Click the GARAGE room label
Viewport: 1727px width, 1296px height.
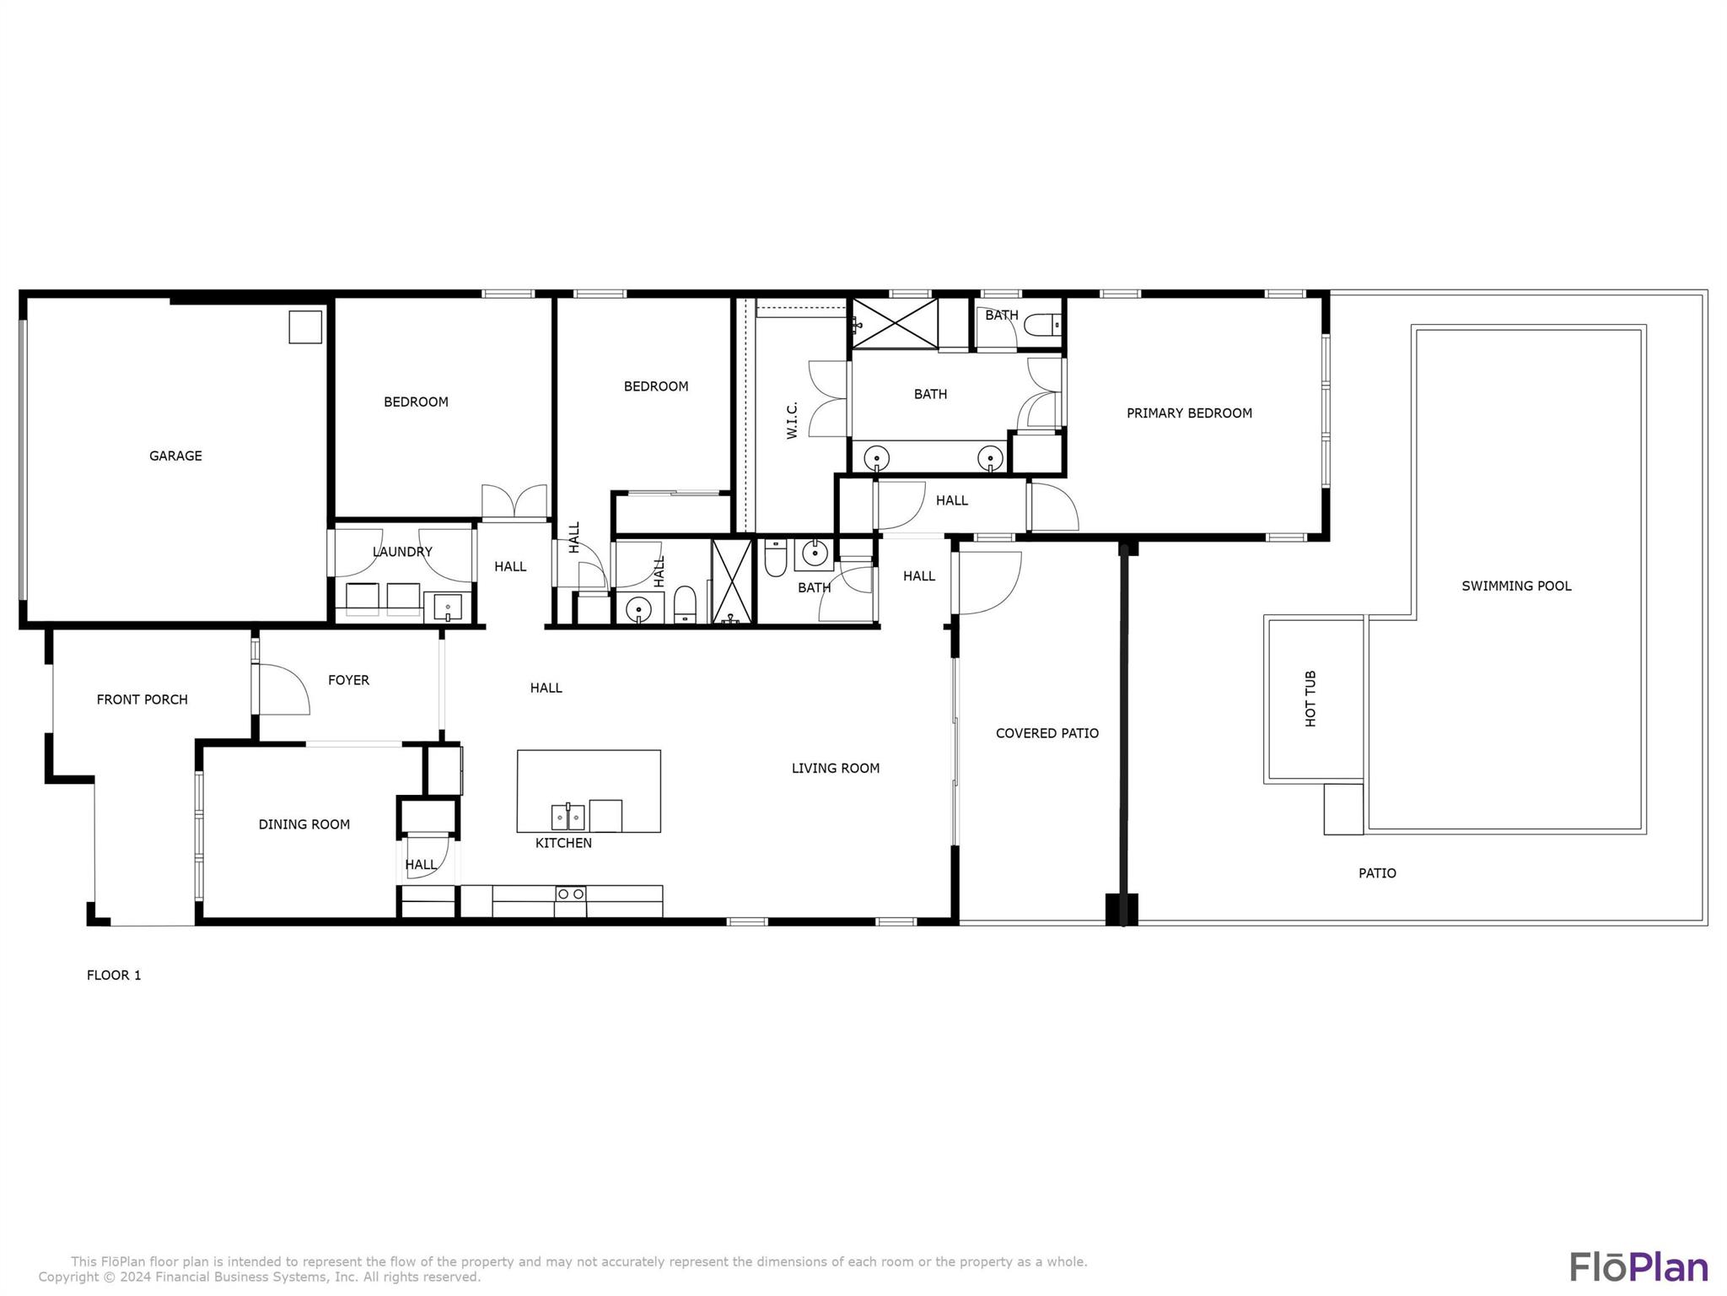175,456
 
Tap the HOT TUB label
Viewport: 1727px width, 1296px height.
1310,699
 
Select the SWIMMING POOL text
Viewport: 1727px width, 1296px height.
1516,586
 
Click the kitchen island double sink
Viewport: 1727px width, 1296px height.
568,817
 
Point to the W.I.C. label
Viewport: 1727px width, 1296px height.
792,419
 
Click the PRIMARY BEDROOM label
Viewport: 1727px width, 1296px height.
1189,413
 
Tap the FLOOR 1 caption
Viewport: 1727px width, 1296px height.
114,975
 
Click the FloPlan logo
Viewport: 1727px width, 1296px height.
1638,1266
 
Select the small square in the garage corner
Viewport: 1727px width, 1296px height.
305,327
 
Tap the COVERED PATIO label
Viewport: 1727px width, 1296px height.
1046,733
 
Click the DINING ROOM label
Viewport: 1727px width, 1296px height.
304,824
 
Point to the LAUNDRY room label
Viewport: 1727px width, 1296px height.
402,552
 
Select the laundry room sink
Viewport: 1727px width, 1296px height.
447,606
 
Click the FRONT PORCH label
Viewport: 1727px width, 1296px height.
142,699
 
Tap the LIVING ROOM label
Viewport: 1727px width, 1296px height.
835,768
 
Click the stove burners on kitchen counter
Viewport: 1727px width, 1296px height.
571,893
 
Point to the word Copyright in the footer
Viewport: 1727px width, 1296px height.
68,1277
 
